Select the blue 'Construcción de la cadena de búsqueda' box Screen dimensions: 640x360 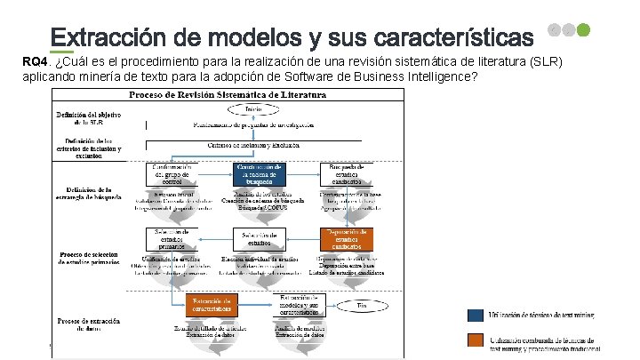tap(258, 174)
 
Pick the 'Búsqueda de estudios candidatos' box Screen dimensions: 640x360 tap(347, 174)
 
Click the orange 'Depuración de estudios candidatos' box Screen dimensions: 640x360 tap(347, 239)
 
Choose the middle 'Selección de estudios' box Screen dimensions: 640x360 tap(258, 239)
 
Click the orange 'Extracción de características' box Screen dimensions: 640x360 tap(213, 305)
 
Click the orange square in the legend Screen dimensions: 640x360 tap(476, 339)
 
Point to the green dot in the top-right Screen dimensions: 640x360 tap(583, 29)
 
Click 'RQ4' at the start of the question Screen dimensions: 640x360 tap(35, 61)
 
